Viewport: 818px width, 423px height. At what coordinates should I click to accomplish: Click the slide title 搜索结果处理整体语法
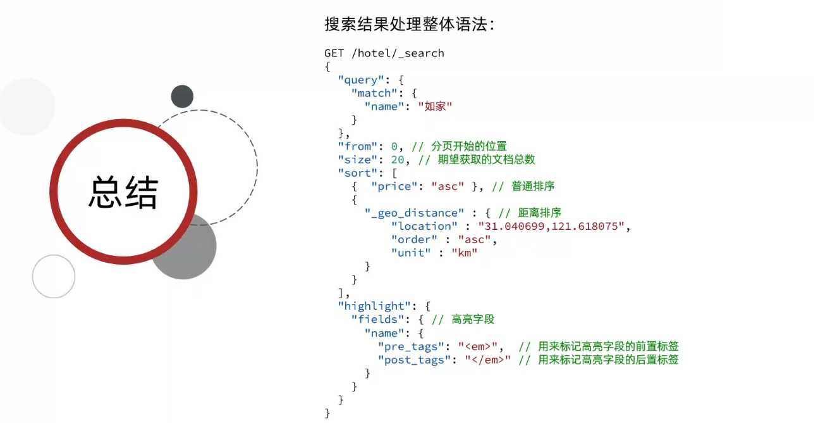(406, 24)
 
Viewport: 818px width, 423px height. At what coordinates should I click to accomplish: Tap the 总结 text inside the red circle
(124, 192)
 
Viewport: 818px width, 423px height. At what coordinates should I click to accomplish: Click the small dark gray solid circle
(182, 97)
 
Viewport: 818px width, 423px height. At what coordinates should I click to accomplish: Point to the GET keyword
(334, 53)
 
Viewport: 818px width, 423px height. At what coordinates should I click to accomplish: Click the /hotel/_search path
(398, 53)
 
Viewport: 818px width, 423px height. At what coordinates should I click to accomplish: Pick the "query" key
(361, 80)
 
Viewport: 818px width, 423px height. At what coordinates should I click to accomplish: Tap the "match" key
(374, 93)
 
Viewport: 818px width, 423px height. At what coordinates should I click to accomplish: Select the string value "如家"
(436, 106)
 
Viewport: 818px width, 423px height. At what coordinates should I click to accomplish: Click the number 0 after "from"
(394, 146)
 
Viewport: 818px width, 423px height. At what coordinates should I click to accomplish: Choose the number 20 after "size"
(398, 160)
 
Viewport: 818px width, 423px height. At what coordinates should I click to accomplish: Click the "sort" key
(358, 173)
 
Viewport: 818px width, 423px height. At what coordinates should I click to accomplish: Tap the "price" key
(394, 186)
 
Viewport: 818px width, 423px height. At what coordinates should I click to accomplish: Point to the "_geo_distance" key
(414, 213)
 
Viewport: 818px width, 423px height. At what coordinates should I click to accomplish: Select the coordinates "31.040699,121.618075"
(551, 226)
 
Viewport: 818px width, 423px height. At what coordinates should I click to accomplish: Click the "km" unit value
(465, 253)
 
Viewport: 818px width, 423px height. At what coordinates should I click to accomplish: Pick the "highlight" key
(374, 306)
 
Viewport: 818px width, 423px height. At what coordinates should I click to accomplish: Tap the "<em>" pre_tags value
(478, 346)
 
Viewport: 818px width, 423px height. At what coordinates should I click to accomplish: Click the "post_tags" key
(414, 360)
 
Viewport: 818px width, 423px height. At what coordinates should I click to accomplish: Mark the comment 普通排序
(533, 186)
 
